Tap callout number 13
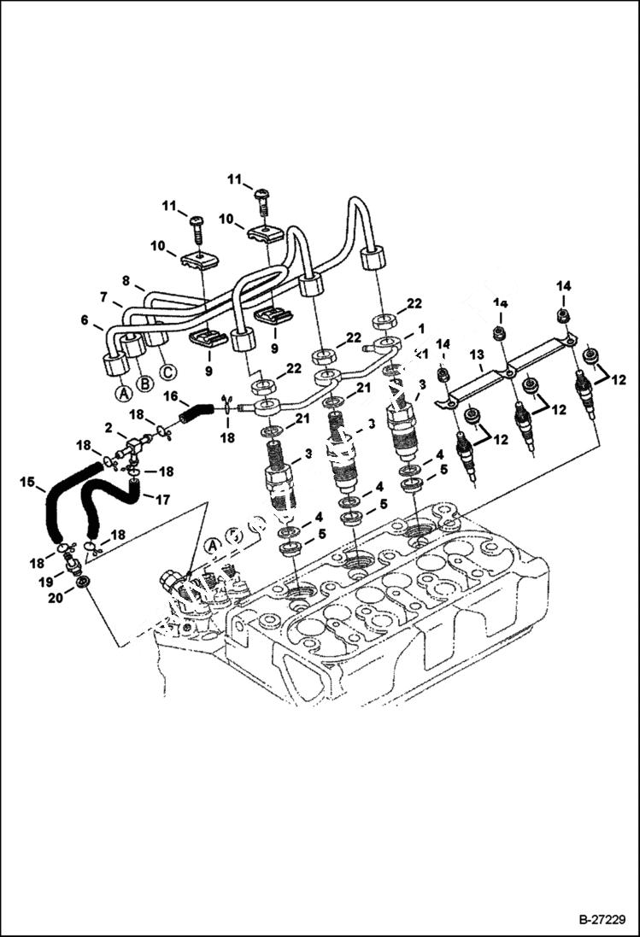(x=476, y=354)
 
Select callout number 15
(x=27, y=483)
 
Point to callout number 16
(x=170, y=396)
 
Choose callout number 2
(x=109, y=426)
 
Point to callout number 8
(x=126, y=278)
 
